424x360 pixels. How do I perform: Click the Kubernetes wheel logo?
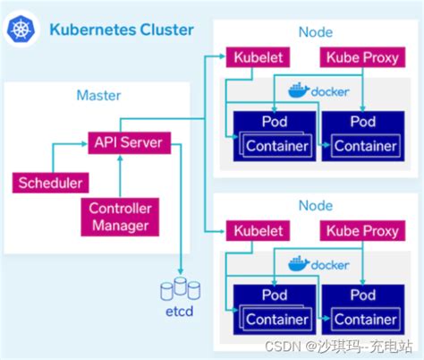(x=20, y=30)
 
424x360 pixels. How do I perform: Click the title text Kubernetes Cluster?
(x=121, y=30)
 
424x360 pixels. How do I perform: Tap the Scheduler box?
(x=50, y=184)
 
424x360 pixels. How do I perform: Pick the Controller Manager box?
(x=120, y=216)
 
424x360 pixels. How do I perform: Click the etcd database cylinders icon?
(x=180, y=288)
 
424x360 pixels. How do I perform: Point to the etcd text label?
(x=180, y=312)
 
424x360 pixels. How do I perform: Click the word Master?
(x=98, y=95)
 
